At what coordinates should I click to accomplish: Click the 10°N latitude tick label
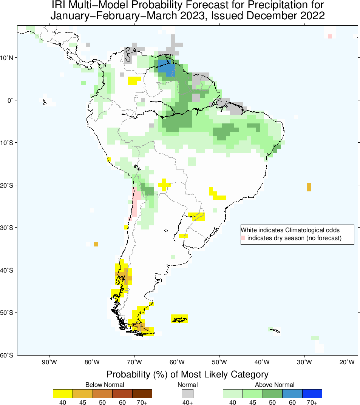pos(8,58)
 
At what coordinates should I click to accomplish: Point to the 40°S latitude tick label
pos(8,270)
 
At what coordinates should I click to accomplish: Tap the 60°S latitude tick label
pos(8,356)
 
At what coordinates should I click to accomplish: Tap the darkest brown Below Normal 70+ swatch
pos(142,394)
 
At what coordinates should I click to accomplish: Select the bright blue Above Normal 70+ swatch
pos(312,394)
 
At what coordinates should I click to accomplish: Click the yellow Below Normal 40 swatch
pos(63,394)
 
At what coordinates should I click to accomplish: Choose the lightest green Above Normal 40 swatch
pos(233,394)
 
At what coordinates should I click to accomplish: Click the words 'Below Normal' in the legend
pos(104,385)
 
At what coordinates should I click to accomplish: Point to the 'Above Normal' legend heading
pos(275,385)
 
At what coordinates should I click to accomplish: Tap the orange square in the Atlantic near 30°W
pos(309,187)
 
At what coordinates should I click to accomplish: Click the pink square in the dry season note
pos(243,238)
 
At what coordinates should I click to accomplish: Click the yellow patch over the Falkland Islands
pos(179,319)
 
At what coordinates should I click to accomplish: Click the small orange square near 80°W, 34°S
pos(96,245)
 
